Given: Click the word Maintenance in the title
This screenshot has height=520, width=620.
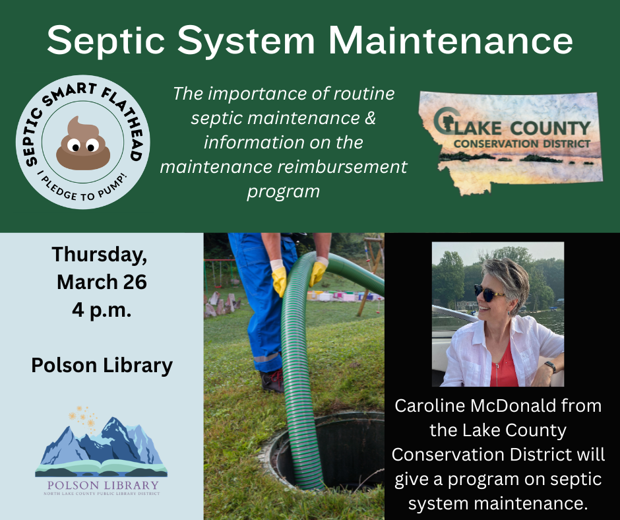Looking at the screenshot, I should click(451, 40).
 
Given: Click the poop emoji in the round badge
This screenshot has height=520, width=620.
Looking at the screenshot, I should click(82, 141).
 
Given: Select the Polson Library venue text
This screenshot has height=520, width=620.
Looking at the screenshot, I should click(102, 365).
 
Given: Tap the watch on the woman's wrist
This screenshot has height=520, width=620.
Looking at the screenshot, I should click(550, 367).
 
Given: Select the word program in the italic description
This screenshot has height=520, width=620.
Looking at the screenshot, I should click(284, 191).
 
